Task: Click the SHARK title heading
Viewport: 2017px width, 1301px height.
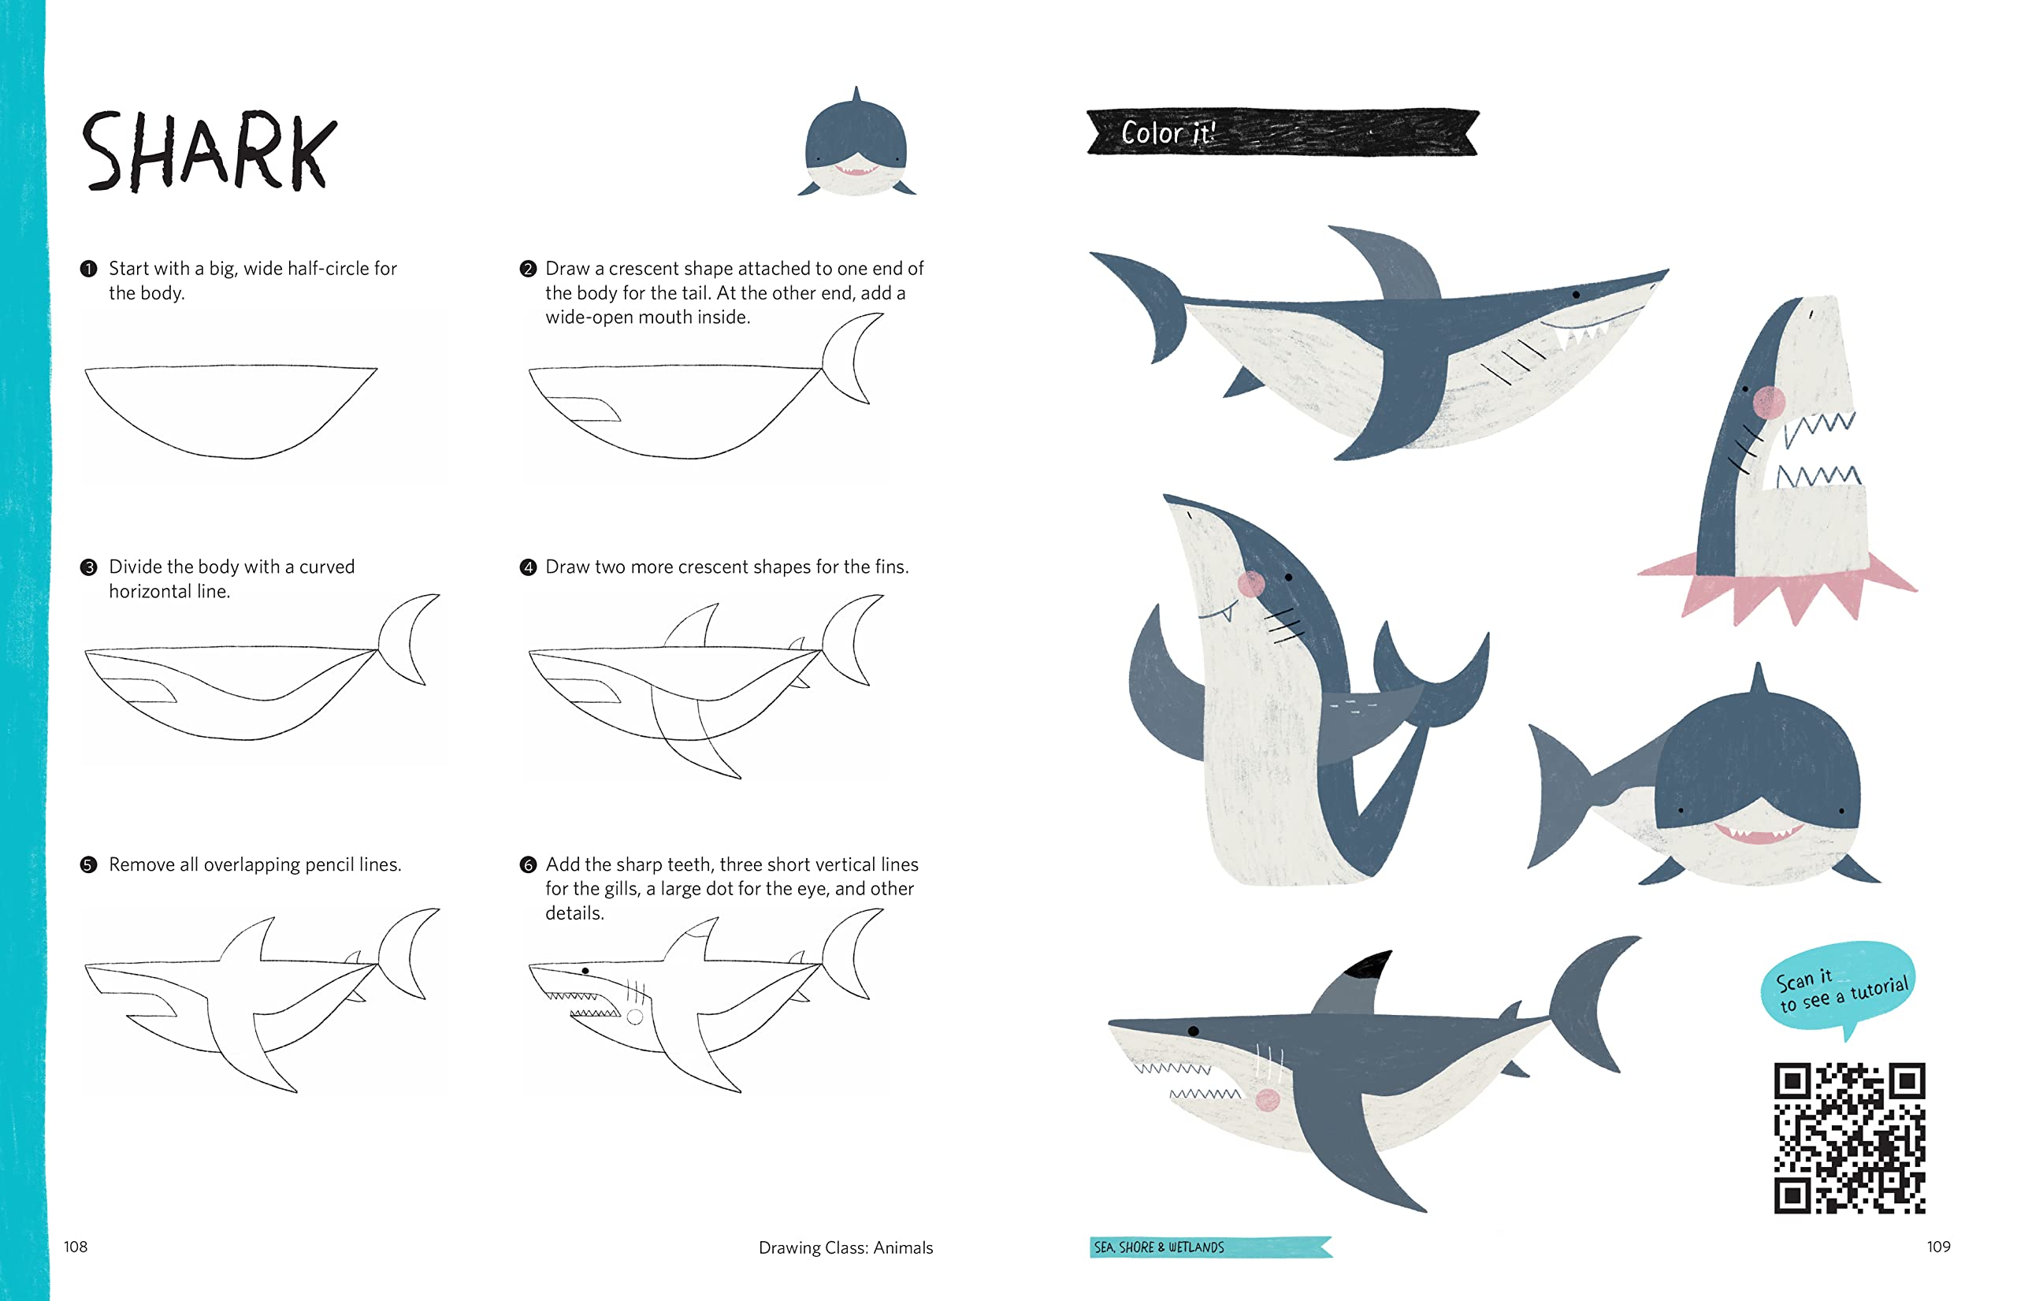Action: click(209, 151)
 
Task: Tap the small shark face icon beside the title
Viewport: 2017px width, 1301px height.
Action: click(856, 142)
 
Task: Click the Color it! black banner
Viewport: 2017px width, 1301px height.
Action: click(1282, 132)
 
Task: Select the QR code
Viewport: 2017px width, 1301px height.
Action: click(1849, 1138)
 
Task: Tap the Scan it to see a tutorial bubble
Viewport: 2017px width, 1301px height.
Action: click(1838, 987)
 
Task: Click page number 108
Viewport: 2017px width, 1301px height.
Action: click(75, 1246)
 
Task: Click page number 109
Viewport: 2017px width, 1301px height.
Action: click(1938, 1246)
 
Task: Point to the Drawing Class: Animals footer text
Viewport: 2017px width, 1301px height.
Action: click(845, 1247)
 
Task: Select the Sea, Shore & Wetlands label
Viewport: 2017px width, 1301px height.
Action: click(1210, 1247)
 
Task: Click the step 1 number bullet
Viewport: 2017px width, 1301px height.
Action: click(89, 269)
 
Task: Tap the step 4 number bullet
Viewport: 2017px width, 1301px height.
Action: click(528, 567)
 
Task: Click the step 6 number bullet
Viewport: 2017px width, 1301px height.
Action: click(528, 864)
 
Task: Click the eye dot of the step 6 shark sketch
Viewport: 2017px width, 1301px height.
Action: click(585, 971)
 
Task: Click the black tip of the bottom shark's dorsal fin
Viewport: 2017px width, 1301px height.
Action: click(1369, 964)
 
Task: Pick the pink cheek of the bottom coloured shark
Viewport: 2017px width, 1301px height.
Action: click(1267, 1099)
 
